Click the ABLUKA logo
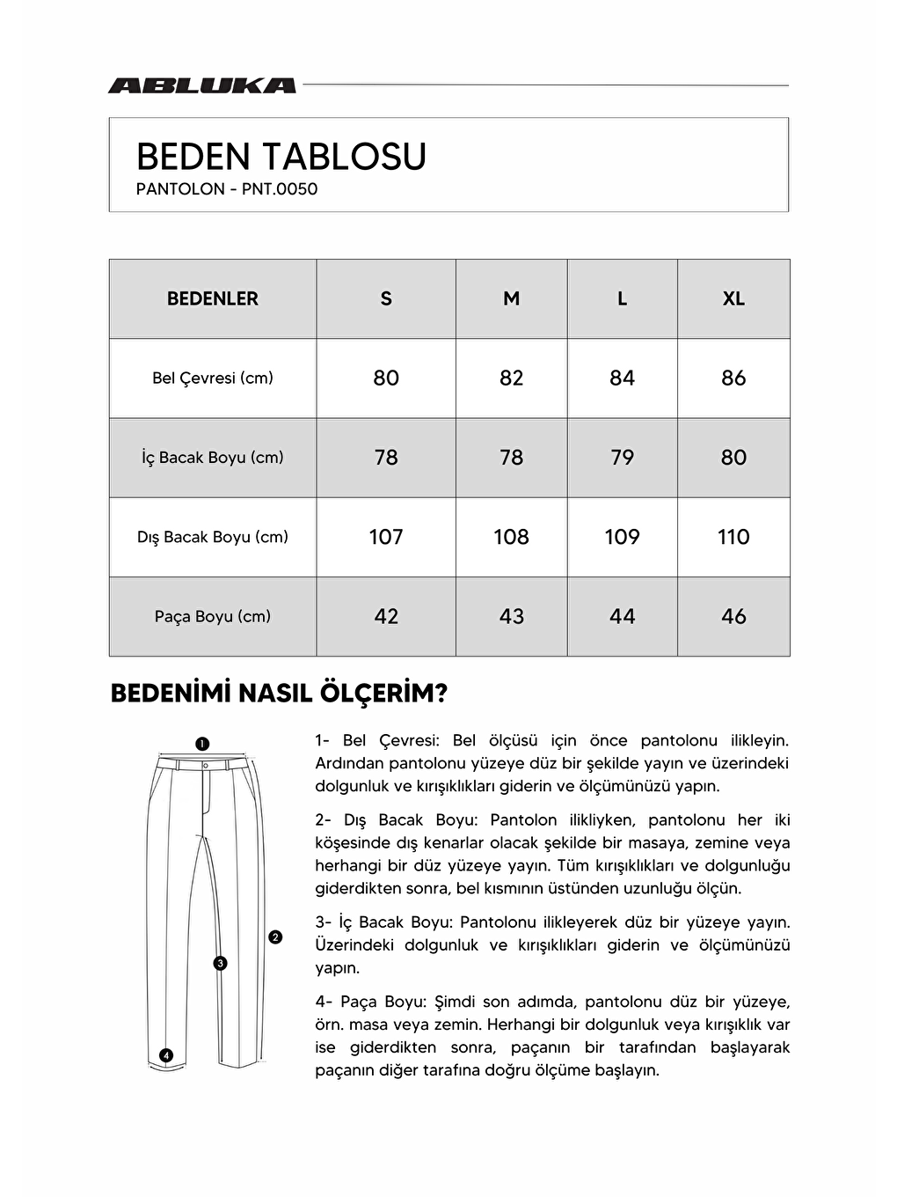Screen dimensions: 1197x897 click(201, 85)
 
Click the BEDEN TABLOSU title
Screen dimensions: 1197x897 click(281, 157)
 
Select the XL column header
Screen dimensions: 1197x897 click(733, 298)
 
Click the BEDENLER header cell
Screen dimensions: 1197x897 click(213, 298)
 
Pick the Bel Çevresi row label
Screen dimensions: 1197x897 click(213, 378)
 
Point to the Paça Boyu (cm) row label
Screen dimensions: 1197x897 click(213, 616)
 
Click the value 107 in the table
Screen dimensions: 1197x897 click(386, 537)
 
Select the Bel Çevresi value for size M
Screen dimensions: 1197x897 click(511, 378)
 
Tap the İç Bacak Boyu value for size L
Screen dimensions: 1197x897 click(622, 458)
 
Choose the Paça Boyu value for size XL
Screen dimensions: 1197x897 click(733, 616)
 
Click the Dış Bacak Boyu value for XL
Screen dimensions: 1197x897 click(733, 537)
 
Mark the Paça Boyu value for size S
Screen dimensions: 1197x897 click(386, 616)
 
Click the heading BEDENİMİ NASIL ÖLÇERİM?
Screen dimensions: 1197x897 click(279, 693)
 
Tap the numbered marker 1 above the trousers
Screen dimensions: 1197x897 click(202, 744)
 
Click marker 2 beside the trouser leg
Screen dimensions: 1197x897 click(275, 937)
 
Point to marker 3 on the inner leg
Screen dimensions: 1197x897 click(220, 963)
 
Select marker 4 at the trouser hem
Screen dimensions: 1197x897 click(166, 1055)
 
